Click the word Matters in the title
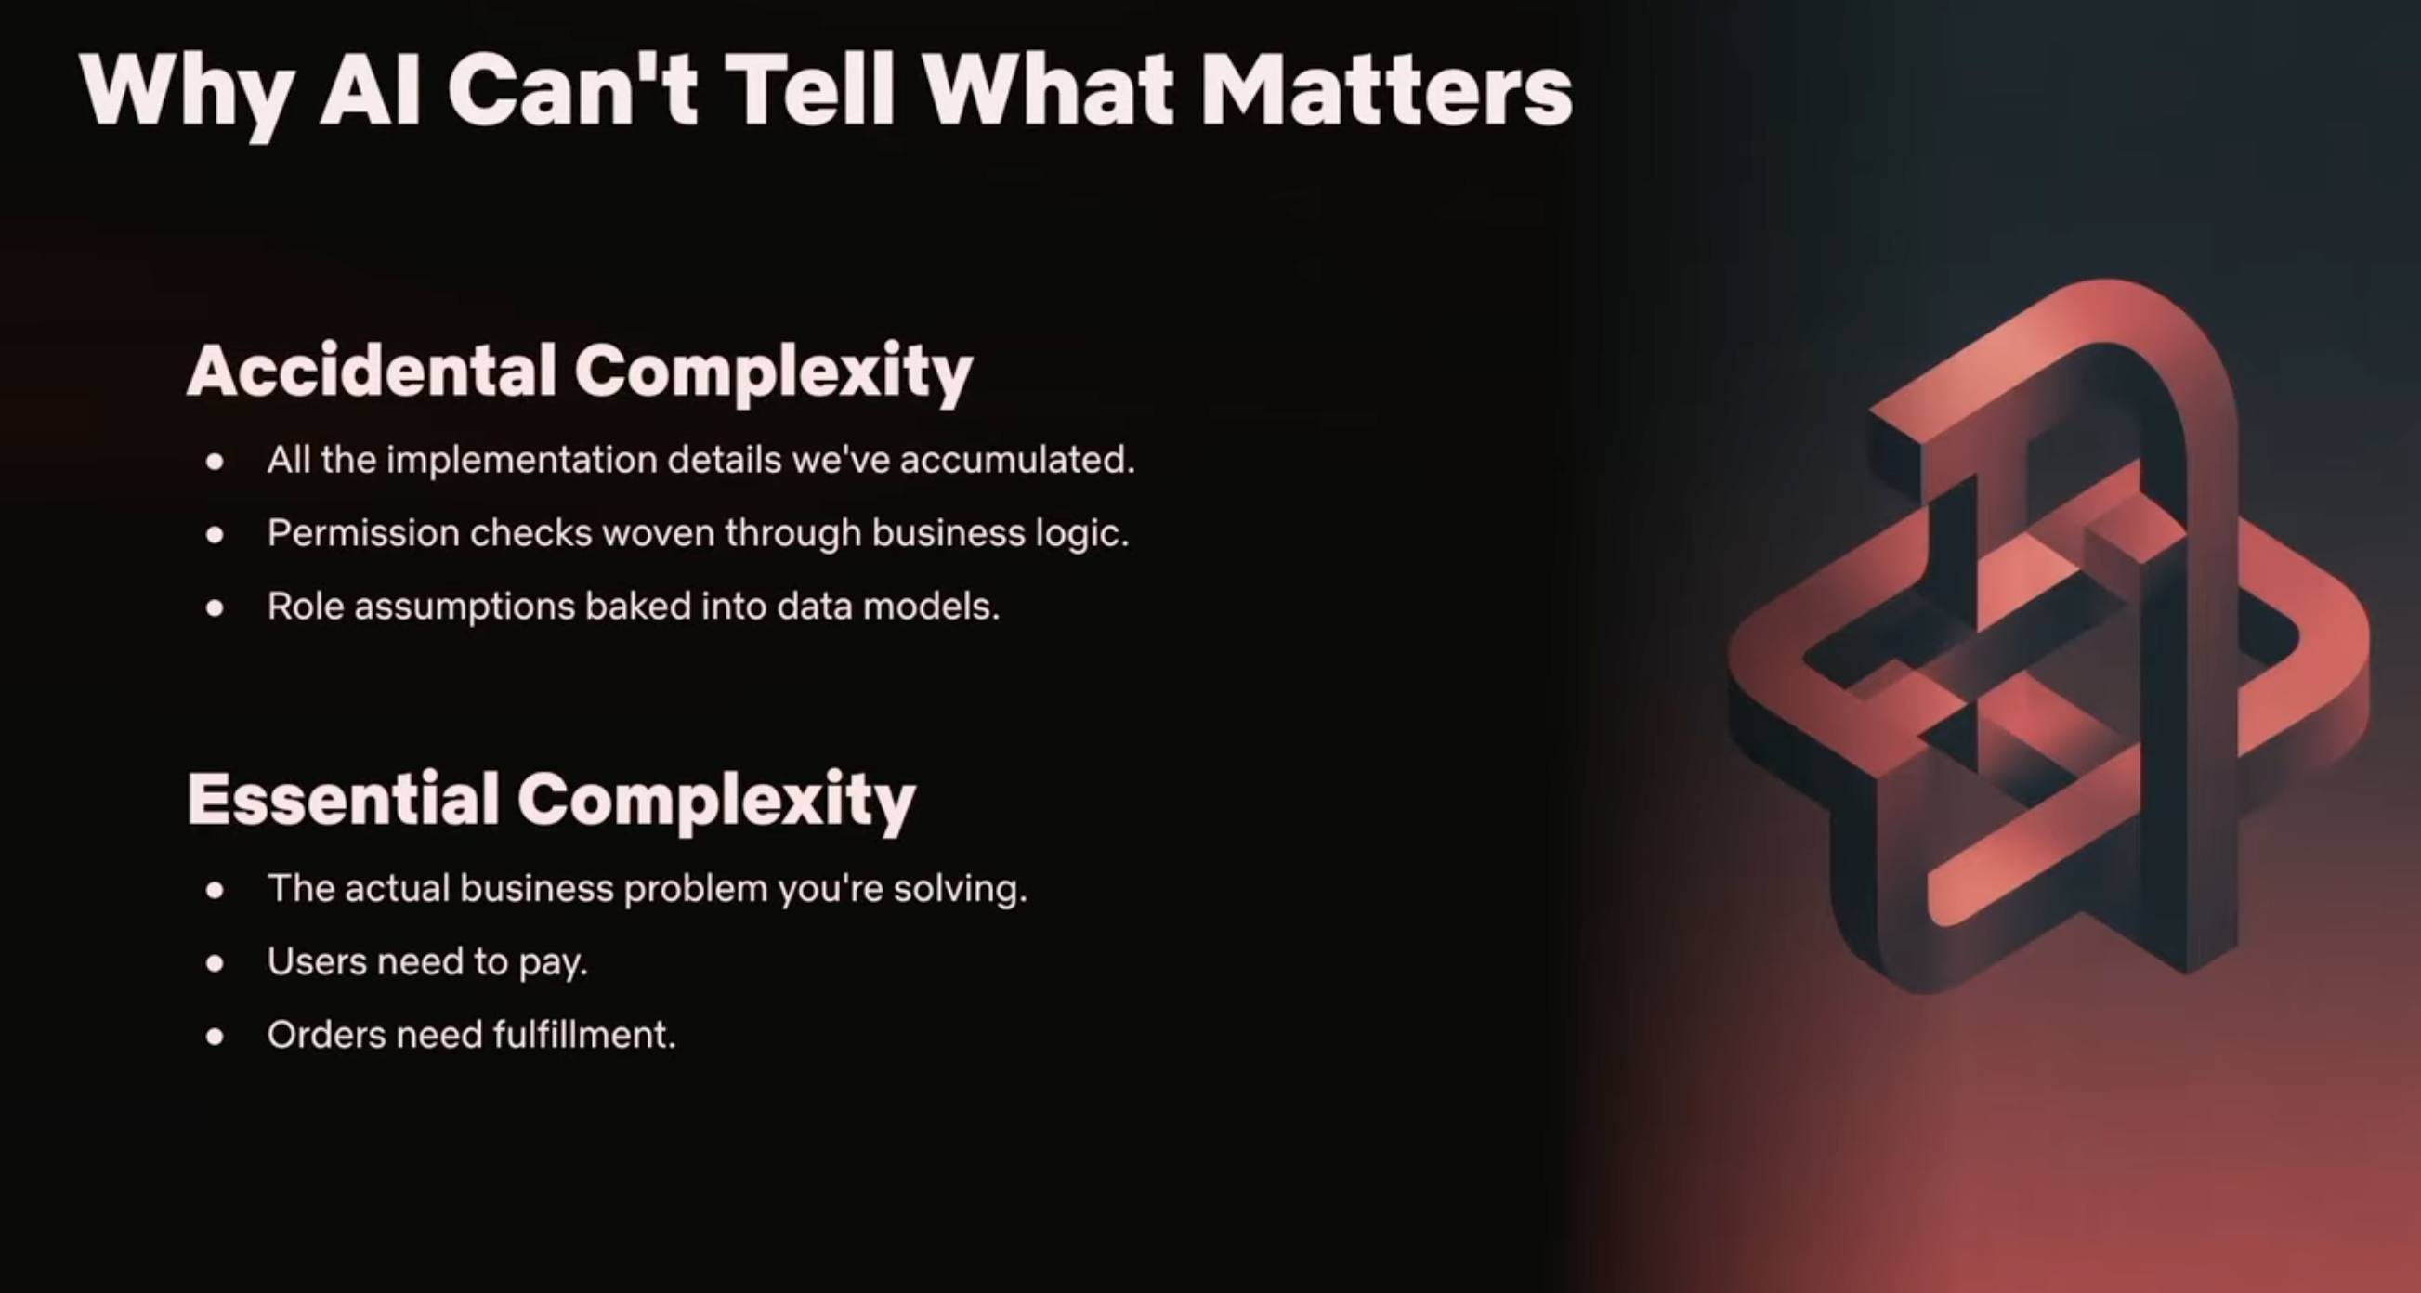(1386, 90)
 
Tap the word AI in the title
(371, 90)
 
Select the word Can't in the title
(572, 90)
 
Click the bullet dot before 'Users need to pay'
(216, 963)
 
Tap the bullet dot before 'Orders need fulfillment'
(216, 1037)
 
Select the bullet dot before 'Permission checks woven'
(216, 535)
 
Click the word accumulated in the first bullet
(1018, 460)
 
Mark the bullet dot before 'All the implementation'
(216, 462)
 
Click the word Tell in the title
(809, 90)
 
